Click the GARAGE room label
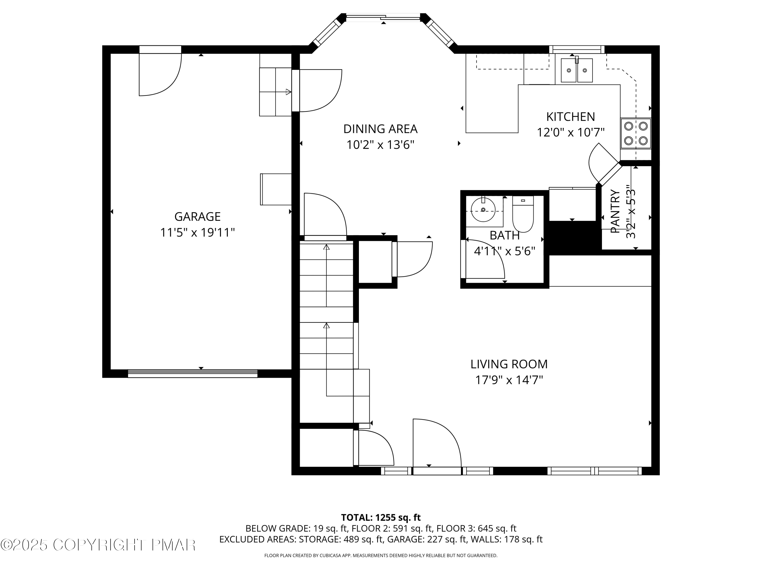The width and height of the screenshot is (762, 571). (x=197, y=216)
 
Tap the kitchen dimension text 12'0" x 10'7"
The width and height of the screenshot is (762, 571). (x=570, y=132)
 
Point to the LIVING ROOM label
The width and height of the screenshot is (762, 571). (x=509, y=364)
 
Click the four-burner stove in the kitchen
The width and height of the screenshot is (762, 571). (x=636, y=133)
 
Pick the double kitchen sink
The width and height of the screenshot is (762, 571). (x=577, y=70)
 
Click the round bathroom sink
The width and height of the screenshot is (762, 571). (x=483, y=210)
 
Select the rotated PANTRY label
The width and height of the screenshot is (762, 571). (x=615, y=211)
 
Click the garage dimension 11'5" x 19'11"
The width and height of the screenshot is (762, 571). (x=197, y=233)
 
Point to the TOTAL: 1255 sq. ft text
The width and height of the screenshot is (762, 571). (x=381, y=518)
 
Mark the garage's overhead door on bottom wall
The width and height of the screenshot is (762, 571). (x=193, y=374)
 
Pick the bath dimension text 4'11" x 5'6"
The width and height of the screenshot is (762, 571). (x=504, y=251)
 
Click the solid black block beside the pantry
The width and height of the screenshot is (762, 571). (x=573, y=238)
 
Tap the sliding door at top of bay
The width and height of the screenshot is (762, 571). (x=383, y=17)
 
